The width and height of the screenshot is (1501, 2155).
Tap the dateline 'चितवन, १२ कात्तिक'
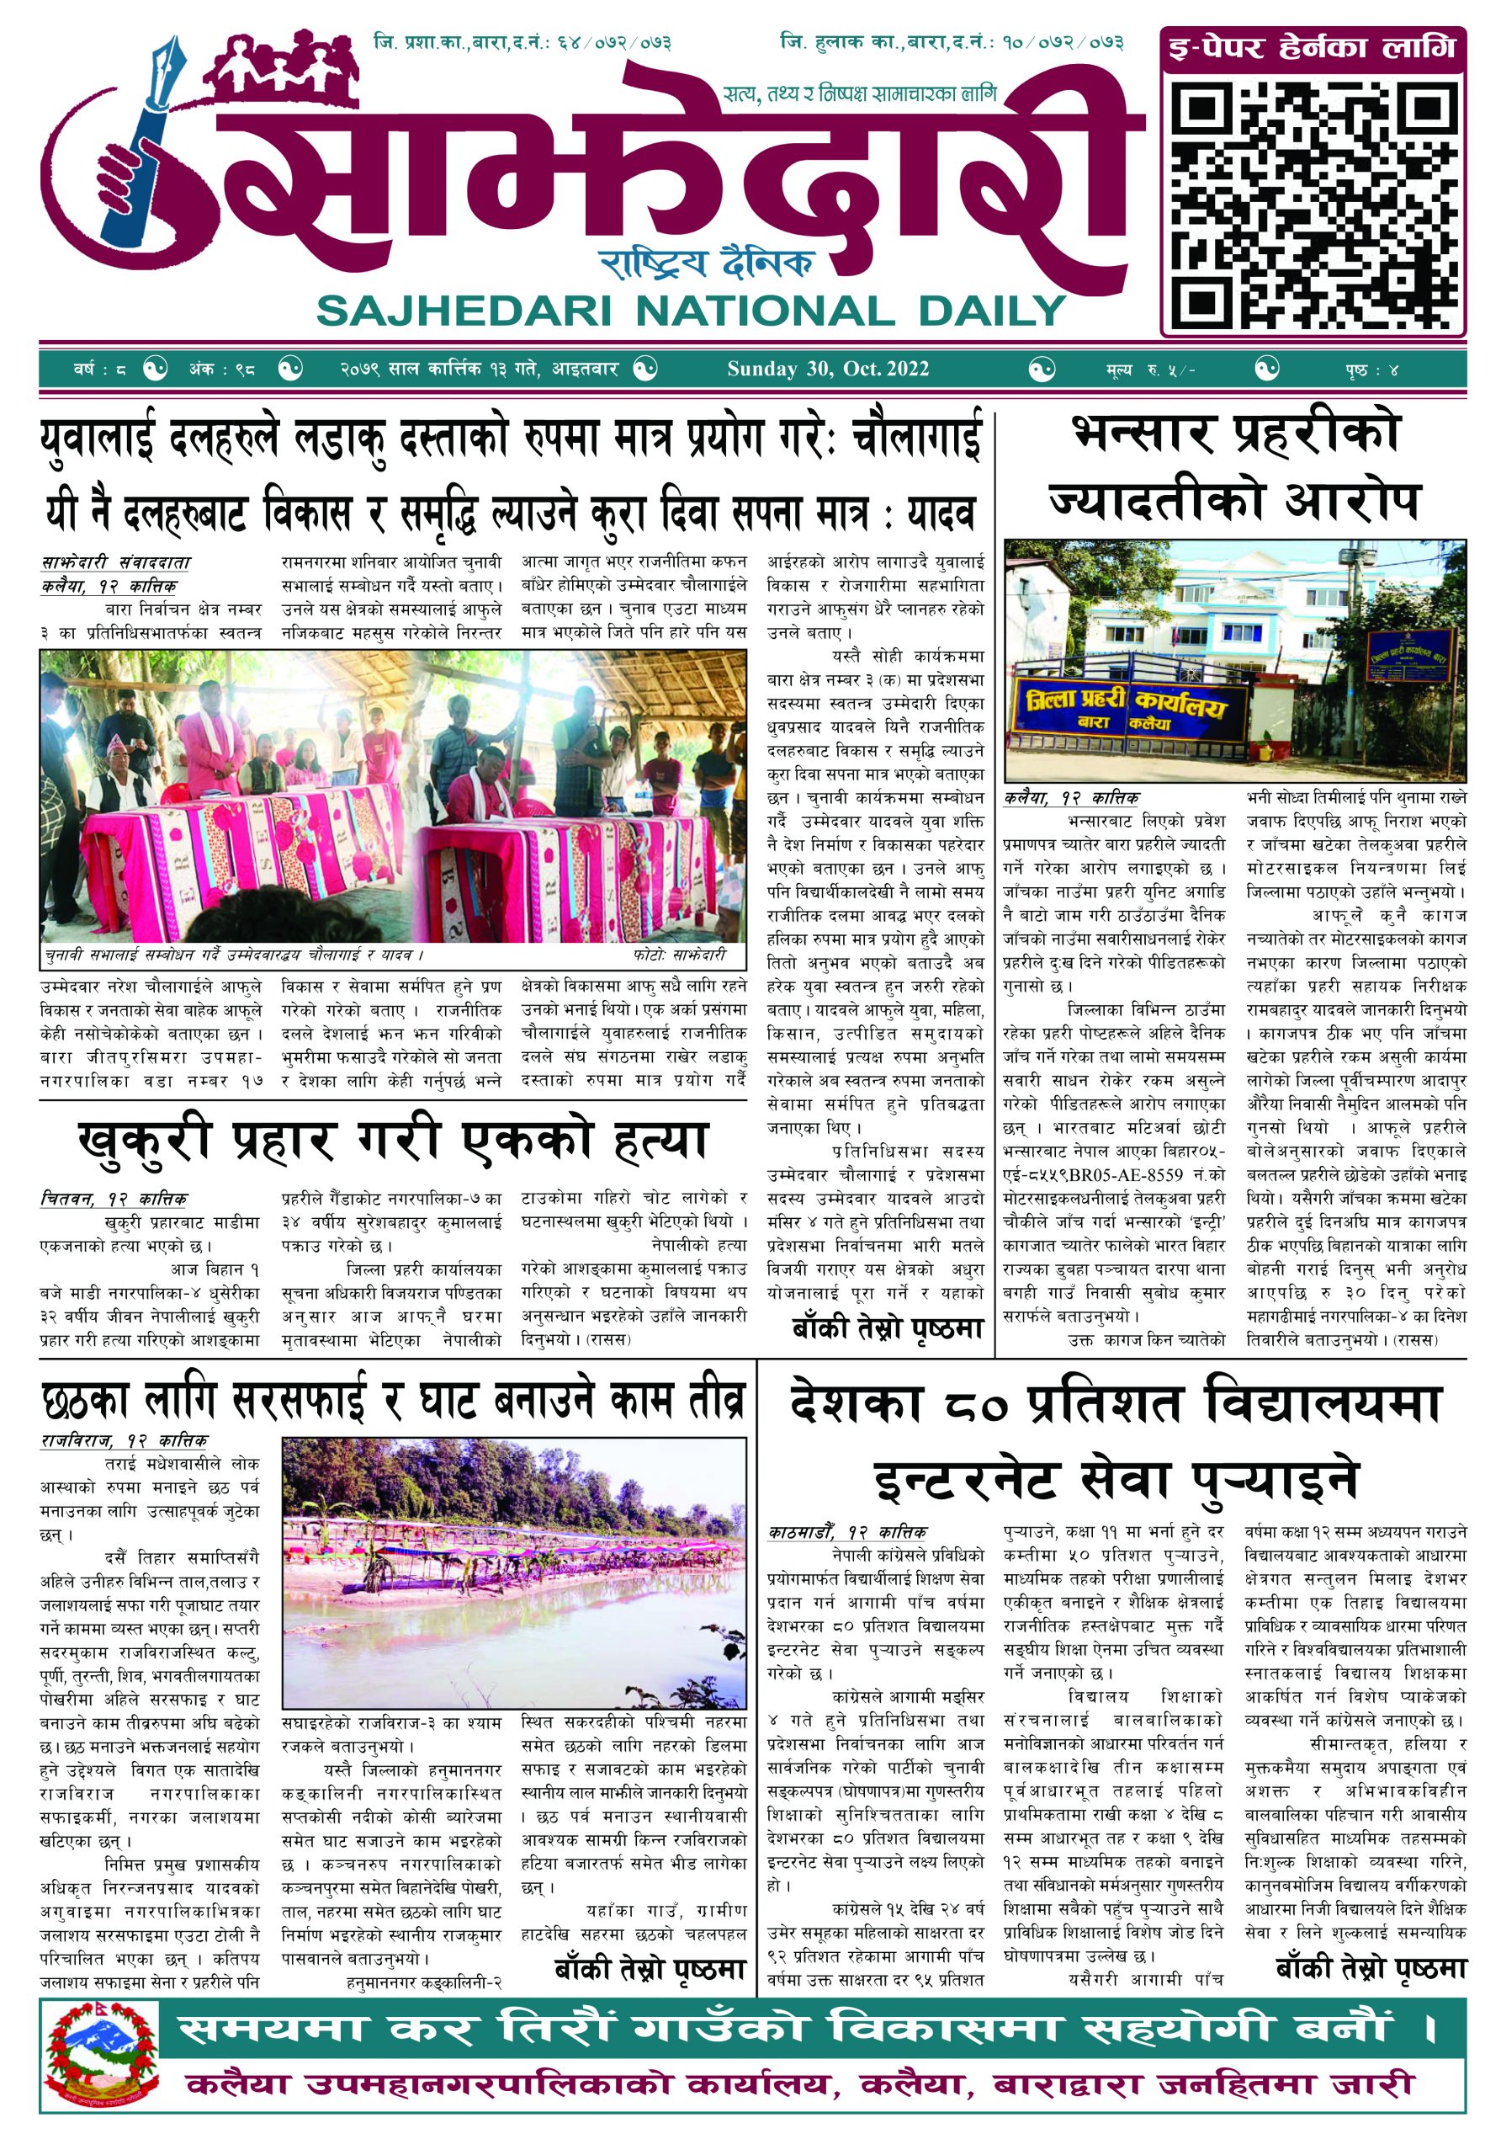[x=114, y=1199]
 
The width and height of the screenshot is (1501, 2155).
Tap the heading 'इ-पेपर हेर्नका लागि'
[x=1312, y=47]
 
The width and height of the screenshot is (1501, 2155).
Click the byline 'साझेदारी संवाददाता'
[x=115, y=563]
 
